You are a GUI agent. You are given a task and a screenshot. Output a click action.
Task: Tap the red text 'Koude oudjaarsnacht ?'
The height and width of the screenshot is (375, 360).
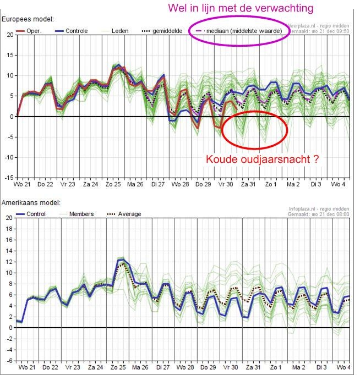262,159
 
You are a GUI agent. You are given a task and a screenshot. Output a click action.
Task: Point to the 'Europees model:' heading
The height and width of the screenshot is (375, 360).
28,19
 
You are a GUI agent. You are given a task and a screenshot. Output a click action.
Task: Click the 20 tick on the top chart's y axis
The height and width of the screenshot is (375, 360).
9,35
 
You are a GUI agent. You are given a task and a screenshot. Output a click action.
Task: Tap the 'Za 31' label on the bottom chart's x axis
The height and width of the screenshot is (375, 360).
253,367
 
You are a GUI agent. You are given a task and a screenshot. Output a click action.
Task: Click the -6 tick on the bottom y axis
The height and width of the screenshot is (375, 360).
8,361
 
